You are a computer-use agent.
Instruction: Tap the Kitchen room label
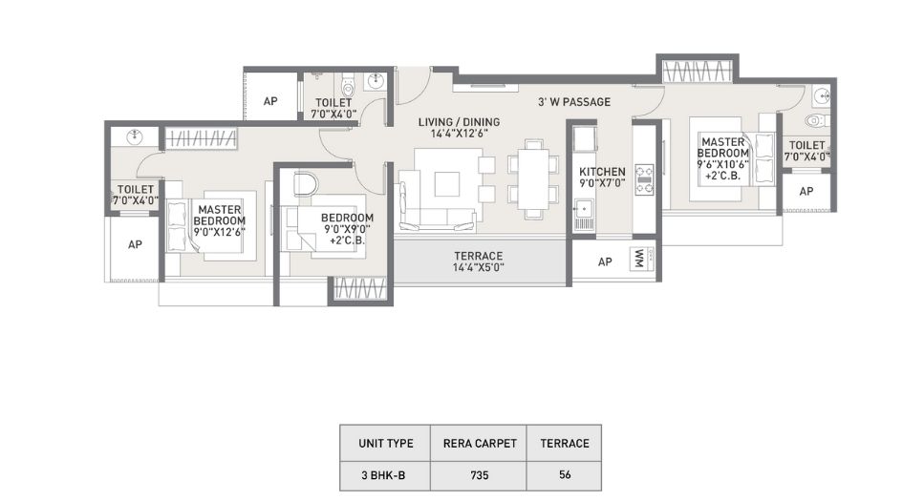pyautogui.click(x=602, y=177)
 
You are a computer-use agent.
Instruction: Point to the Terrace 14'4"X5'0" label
pyautogui.click(x=478, y=261)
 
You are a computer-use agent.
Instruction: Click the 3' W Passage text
pyautogui.click(x=574, y=102)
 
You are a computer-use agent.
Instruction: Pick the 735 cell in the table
pyautogui.click(x=479, y=475)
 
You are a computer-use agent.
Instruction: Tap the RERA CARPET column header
pyautogui.click(x=479, y=444)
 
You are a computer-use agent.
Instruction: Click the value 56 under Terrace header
pyautogui.click(x=565, y=474)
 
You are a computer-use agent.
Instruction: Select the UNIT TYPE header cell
pyautogui.click(x=385, y=444)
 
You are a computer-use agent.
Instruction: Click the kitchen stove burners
pyautogui.click(x=644, y=179)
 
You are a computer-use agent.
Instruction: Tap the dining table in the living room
pyautogui.click(x=532, y=179)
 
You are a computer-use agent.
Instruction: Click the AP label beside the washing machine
pyautogui.click(x=605, y=261)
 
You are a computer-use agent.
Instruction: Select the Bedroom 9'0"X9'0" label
pyautogui.click(x=347, y=228)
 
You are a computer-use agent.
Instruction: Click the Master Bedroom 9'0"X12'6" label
pyautogui.click(x=219, y=220)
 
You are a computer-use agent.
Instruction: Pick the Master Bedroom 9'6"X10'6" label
pyautogui.click(x=722, y=158)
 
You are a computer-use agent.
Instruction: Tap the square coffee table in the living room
pyautogui.click(x=447, y=184)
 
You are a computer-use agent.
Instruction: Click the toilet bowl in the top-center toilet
pyautogui.click(x=348, y=86)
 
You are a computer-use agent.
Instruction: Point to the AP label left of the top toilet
pyautogui.click(x=270, y=101)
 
